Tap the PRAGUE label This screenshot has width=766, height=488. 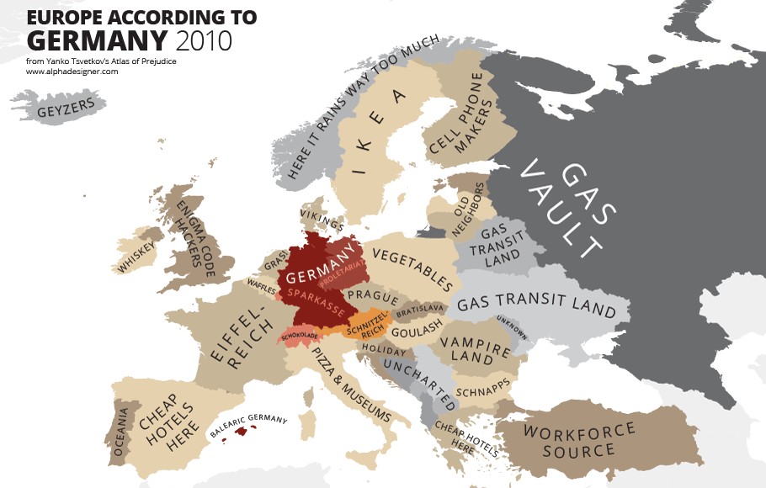[371, 296]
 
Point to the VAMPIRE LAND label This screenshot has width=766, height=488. [475, 350]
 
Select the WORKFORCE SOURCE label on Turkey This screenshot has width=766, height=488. [579, 441]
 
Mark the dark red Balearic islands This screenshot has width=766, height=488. [245, 431]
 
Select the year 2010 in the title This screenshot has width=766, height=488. [203, 40]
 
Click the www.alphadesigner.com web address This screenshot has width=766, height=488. [72, 72]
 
